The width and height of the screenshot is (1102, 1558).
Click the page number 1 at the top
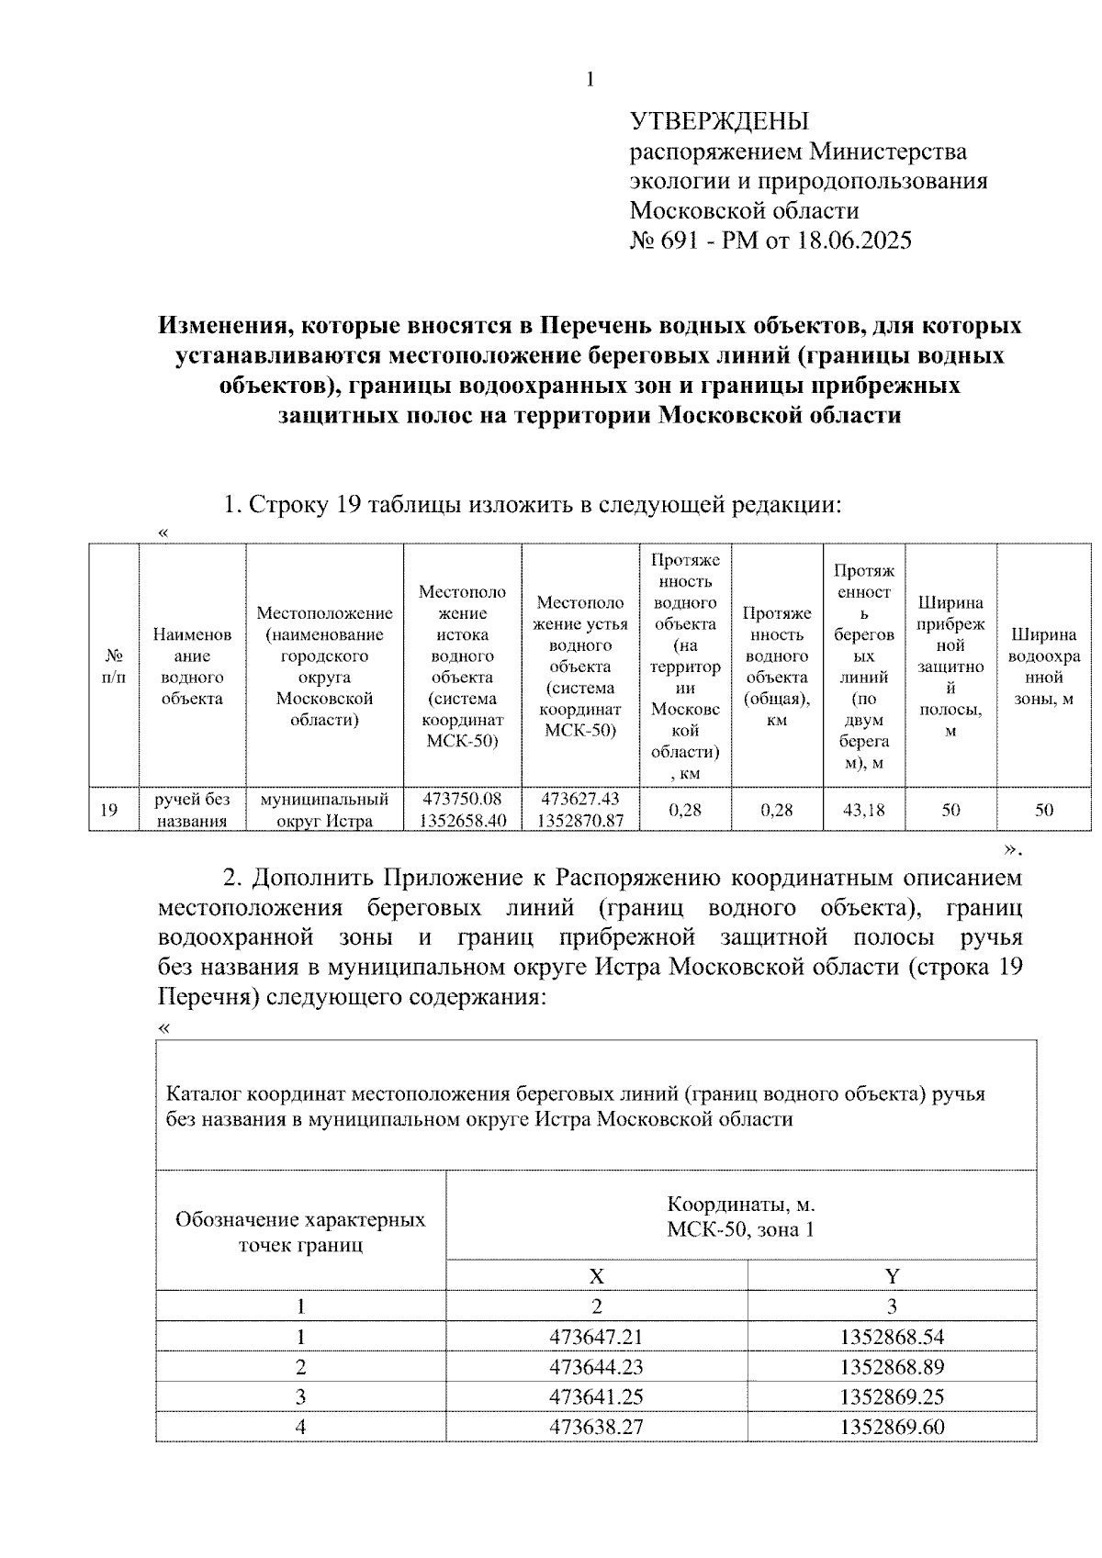[590, 81]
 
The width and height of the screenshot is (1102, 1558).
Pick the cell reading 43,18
[863, 810]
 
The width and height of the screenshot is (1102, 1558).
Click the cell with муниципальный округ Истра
[324, 810]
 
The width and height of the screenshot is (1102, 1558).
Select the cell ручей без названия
[192, 810]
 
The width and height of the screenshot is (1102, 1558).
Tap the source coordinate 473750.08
[462, 799]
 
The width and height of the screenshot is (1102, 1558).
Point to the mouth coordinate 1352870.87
[579, 821]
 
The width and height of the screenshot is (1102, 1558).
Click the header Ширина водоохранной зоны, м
[1043, 667]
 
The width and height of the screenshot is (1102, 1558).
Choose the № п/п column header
[114, 667]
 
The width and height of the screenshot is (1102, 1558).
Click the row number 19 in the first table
[109, 810]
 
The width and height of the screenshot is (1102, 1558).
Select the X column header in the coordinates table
[596, 1275]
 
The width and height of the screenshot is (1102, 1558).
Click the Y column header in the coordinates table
[891, 1275]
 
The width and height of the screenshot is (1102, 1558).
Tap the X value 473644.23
[596, 1367]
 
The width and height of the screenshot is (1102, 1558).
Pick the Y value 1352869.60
[891, 1428]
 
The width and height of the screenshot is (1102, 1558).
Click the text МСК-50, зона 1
[740, 1229]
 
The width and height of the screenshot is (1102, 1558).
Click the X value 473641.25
[596, 1397]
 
